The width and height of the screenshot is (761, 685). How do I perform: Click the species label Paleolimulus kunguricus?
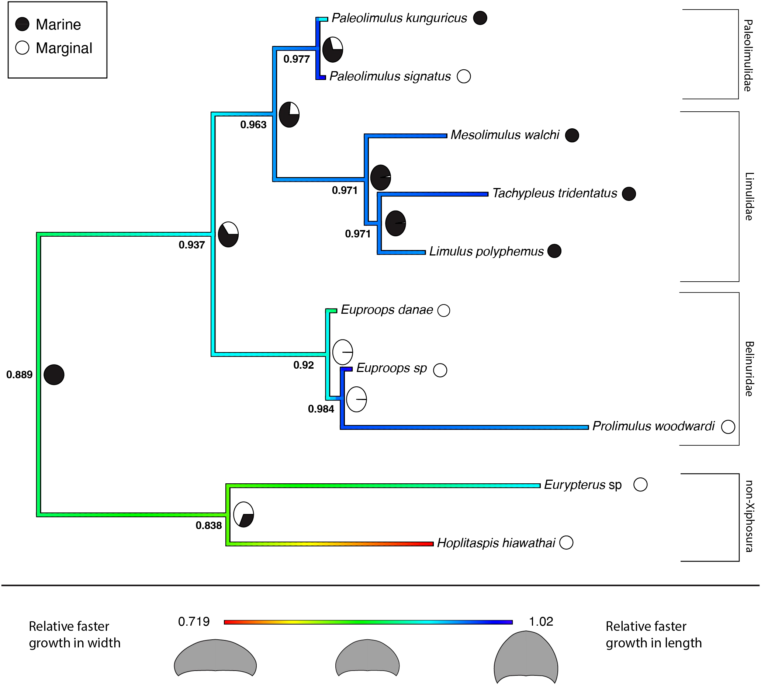(x=399, y=18)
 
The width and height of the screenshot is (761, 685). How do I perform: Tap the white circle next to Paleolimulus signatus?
(x=464, y=76)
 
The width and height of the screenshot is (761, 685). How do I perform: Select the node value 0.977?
(x=296, y=59)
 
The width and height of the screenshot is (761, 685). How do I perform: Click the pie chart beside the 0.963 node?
(x=289, y=114)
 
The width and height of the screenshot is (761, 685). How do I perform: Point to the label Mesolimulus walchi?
(x=505, y=135)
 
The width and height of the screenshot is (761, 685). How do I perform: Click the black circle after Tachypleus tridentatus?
(x=629, y=194)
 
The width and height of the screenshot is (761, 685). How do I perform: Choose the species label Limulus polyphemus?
(x=486, y=251)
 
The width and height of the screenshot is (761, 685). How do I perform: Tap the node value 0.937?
(x=192, y=245)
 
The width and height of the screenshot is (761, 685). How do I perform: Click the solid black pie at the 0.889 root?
(x=54, y=375)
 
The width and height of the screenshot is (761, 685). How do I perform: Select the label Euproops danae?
(x=387, y=310)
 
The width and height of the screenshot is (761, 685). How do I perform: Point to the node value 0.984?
(x=321, y=409)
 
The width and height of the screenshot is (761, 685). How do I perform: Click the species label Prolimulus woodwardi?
(x=653, y=426)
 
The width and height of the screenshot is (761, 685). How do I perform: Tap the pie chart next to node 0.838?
(x=243, y=514)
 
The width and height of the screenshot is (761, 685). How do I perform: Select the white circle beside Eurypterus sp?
(x=640, y=484)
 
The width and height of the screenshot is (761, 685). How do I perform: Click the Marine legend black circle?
(x=22, y=24)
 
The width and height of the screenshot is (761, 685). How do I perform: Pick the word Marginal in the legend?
(x=64, y=48)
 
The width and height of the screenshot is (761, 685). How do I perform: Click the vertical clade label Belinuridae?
(x=748, y=369)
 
